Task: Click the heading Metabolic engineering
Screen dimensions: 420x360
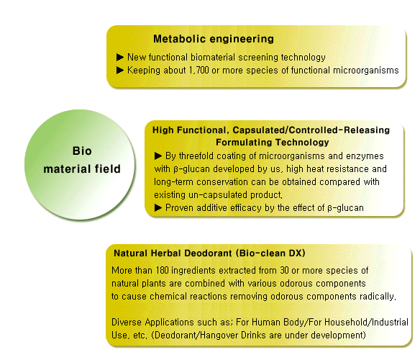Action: pos(214,39)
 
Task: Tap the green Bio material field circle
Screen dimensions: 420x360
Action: pos(80,165)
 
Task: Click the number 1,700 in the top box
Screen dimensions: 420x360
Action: pos(198,71)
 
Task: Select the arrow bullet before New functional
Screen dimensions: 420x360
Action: pos(120,57)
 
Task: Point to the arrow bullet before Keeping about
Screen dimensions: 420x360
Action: pos(120,71)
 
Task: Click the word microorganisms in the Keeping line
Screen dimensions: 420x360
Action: pos(366,71)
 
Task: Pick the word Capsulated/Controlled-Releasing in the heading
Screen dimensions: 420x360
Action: pos(311,130)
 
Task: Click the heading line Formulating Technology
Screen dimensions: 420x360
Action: pos(273,142)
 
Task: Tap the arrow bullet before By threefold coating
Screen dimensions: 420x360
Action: pos(158,156)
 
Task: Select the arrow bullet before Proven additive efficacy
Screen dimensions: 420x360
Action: pos(158,207)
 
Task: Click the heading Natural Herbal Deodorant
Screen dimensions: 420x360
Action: pos(173,253)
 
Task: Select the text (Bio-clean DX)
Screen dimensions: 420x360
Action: pos(270,253)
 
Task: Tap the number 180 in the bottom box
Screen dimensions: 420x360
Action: pos(163,271)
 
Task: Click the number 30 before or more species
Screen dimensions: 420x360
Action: pos(284,271)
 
